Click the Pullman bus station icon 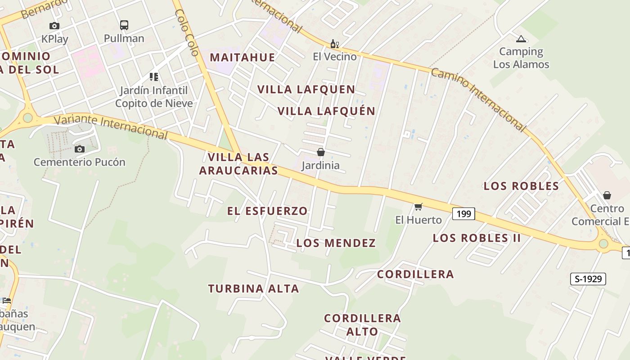(x=124, y=25)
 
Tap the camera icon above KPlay (x=54, y=26)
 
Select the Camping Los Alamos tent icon (x=521, y=39)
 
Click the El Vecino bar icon (x=334, y=44)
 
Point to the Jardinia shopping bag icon (x=321, y=152)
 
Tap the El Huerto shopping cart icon (x=418, y=207)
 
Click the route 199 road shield (x=463, y=214)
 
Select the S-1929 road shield (x=588, y=279)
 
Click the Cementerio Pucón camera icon (x=80, y=149)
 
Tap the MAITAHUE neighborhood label (x=243, y=57)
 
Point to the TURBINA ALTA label (x=253, y=289)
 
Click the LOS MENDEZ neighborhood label (x=336, y=243)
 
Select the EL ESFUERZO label (x=267, y=211)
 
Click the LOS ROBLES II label (x=477, y=238)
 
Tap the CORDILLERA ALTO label (x=362, y=325)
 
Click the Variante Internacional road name (x=111, y=127)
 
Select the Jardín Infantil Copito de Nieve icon (x=154, y=77)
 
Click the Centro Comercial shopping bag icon (x=607, y=195)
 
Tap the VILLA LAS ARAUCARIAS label (x=238, y=164)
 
